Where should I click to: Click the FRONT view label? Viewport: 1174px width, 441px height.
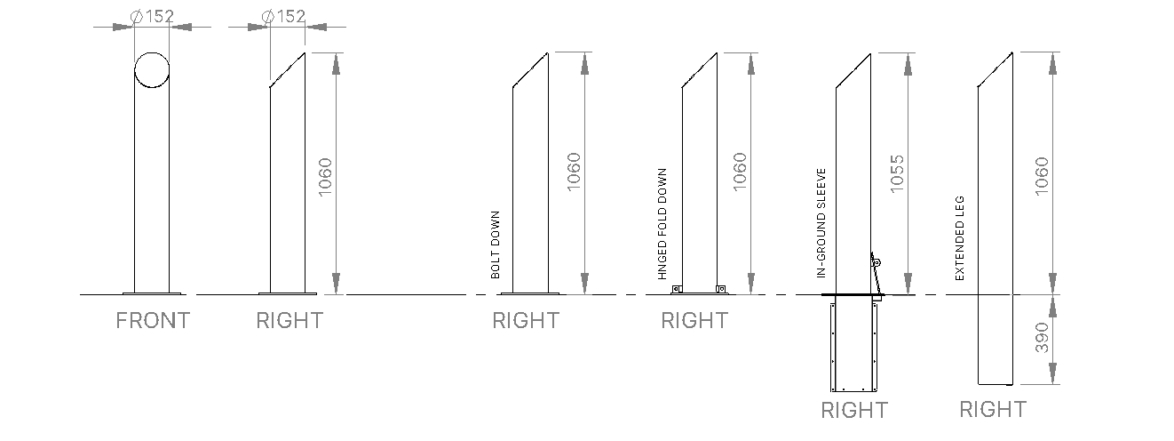153,320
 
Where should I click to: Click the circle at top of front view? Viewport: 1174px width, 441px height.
152,69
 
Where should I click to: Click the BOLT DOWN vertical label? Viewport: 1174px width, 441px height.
496,245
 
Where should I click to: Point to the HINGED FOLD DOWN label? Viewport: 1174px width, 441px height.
662,224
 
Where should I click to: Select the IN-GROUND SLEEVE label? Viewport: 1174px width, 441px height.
821,224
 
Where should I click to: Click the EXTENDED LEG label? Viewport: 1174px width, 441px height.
960,238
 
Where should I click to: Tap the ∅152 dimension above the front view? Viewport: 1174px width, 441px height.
152,16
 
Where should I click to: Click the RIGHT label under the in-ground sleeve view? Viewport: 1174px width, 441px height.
853,410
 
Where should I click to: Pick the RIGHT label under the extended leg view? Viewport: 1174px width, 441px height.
993,409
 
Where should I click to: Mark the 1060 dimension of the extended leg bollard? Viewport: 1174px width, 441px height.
1042,176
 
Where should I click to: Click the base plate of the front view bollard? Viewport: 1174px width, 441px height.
152,292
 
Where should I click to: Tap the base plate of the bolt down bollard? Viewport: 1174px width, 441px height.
530,292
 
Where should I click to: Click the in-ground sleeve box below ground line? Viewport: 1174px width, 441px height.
853,347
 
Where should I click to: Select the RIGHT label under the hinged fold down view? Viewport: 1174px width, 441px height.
694,320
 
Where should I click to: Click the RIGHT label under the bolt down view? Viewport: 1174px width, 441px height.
526,320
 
